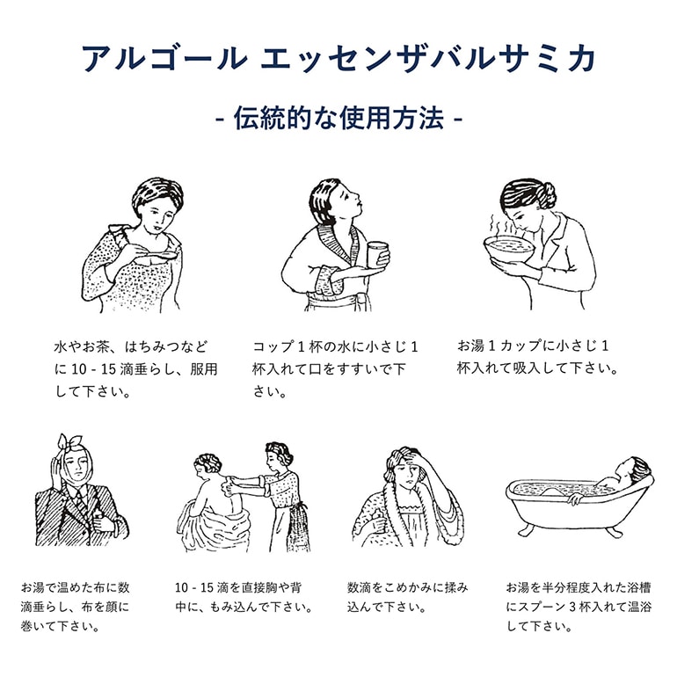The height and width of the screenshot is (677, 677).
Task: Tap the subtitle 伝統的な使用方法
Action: click(x=338, y=120)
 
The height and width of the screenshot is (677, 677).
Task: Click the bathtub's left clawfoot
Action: click(x=525, y=529)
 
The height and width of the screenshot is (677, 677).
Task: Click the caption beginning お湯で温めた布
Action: click(x=76, y=607)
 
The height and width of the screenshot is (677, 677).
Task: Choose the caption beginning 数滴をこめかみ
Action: click(x=408, y=596)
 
